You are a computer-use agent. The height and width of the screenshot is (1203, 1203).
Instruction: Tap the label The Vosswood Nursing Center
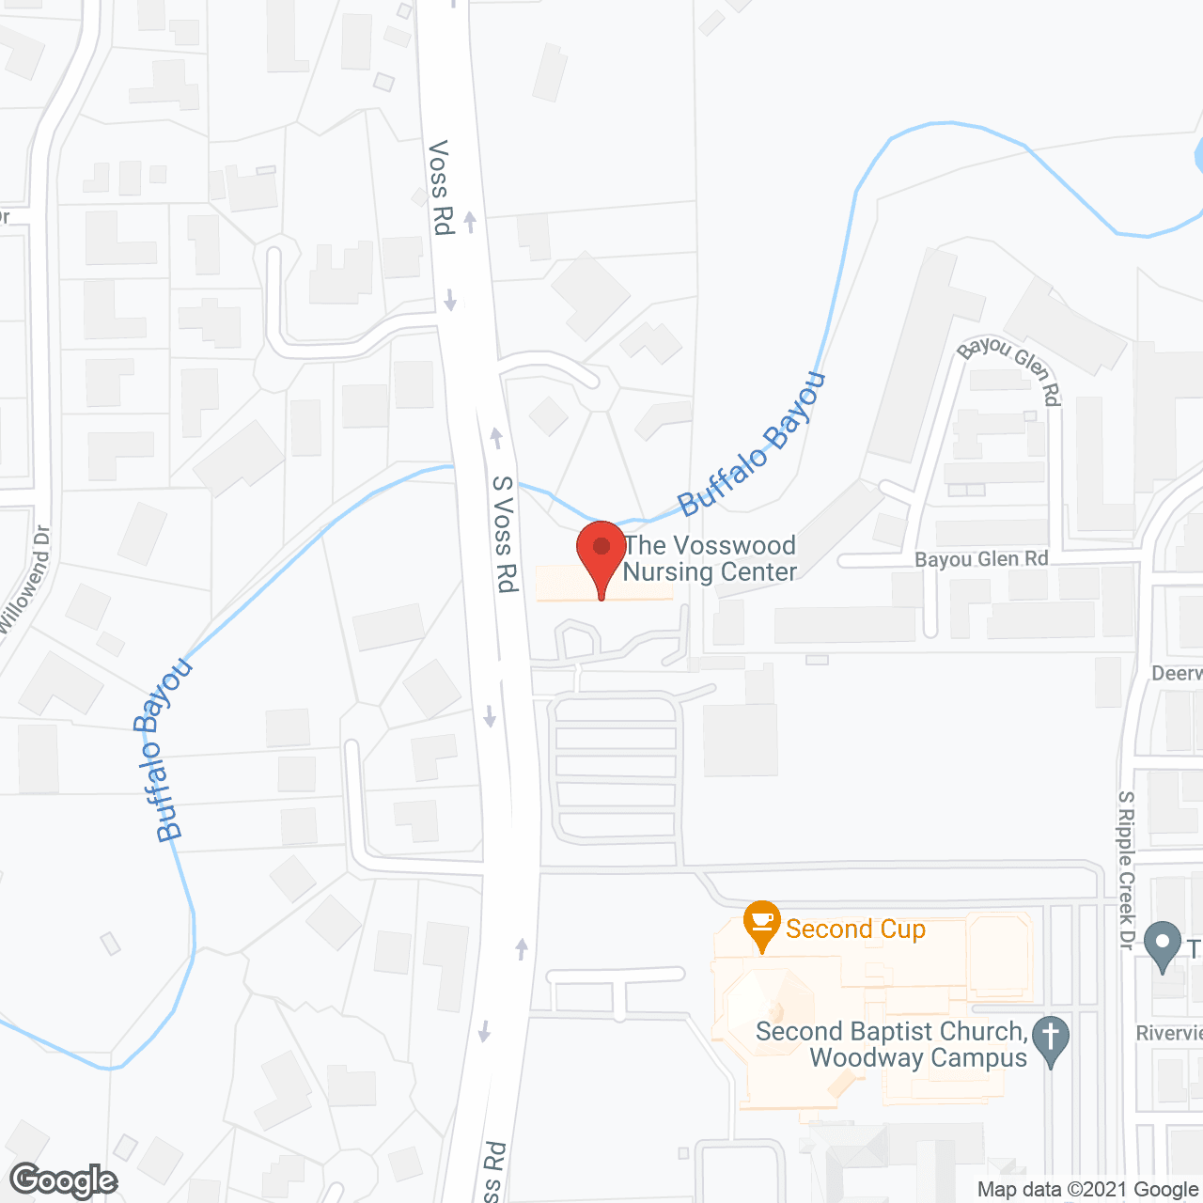[710, 559]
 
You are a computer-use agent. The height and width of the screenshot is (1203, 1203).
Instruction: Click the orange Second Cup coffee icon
[762, 923]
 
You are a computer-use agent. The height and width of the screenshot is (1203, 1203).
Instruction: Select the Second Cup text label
[855, 930]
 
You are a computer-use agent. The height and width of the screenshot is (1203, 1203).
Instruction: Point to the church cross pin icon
[1050, 1039]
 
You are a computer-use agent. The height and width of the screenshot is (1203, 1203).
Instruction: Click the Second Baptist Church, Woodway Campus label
[891, 1044]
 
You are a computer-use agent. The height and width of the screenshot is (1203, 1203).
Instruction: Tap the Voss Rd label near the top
[440, 187]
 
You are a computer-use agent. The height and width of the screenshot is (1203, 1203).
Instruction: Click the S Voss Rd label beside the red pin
[505, 534]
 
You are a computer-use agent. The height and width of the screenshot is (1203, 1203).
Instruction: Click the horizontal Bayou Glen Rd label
[980, 559]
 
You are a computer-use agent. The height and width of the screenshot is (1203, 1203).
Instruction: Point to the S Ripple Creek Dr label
[1126, 869]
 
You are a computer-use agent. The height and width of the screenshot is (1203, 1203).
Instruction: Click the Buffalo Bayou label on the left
[163, 750]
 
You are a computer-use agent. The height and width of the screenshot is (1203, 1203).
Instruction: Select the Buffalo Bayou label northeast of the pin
[752, 444]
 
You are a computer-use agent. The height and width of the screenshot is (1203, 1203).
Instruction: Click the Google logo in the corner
[63, 1180]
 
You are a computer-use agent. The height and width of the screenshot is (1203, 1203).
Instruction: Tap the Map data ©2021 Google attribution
[1088, 1190]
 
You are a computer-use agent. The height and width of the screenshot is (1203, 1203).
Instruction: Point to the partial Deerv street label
[1177, 674]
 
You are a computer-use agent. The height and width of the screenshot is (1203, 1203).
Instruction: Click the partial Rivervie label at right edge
[1169, 1034]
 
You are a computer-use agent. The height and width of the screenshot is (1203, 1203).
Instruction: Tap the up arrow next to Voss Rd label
[470, 222]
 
